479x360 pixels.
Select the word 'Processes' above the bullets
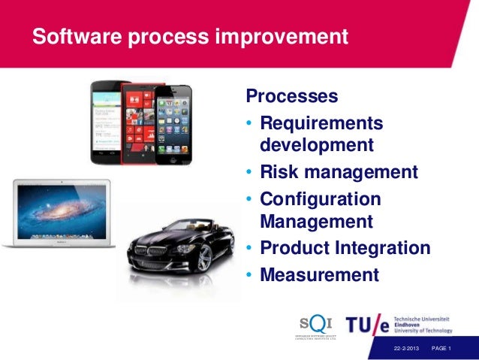pos(292,97)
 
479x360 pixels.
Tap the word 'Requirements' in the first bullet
pos(321,123)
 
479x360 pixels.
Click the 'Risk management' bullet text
pos(339,173)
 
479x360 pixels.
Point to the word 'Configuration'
pos(321,199)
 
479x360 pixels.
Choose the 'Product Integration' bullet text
pos(345,248)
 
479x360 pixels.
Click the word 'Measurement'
pos(319,275)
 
